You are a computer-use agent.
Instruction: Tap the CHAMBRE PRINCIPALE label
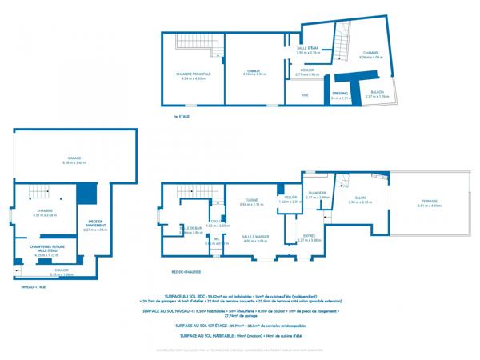(194, 74)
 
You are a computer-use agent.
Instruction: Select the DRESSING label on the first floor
(340, 93)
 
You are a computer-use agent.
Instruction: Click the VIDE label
(305, 94)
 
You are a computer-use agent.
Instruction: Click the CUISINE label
(250, 200)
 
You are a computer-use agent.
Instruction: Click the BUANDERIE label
(317, 193)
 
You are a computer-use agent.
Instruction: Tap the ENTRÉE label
(309, 235)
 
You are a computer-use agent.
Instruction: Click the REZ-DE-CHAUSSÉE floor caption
(186, 271)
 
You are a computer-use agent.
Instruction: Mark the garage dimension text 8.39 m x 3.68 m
(74, 163)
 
